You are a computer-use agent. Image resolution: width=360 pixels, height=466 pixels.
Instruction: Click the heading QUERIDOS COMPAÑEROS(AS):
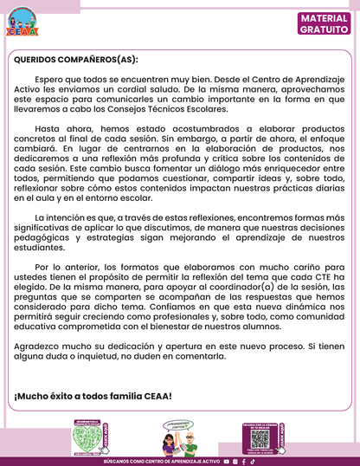click(75, 61)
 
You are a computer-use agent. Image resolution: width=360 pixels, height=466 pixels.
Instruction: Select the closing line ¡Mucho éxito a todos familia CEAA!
click(93, 396)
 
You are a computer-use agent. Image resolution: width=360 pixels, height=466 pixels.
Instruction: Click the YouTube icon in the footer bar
click(227, 462)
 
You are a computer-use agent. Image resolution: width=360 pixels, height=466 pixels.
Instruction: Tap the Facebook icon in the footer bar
click(242, 462)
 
